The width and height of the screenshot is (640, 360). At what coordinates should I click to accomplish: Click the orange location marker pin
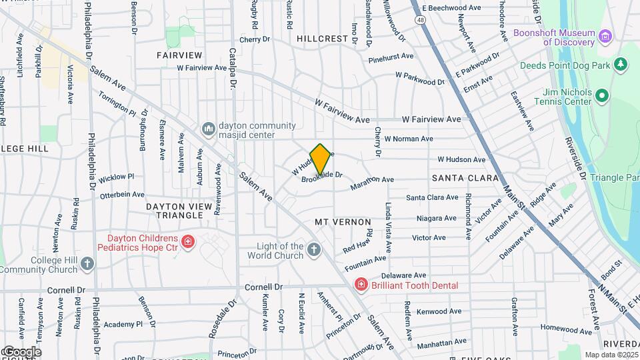tap(321, 160)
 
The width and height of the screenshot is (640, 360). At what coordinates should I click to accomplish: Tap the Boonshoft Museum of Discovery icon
tap(605, 35)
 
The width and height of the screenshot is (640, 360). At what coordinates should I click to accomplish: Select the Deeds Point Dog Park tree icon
tap(621, 64)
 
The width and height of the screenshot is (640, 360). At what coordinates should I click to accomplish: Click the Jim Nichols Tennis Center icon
tap(603, 96)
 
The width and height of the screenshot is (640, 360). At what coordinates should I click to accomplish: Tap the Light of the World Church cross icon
tap(314, 250)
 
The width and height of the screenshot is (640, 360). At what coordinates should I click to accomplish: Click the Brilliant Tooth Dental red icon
tap(361, 285)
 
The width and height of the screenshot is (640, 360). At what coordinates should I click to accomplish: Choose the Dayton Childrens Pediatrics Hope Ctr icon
tap(189, 242)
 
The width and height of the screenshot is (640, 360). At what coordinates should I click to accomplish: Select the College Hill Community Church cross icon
tap(87, 264)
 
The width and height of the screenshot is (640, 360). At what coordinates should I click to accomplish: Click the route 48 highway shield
tap(419, 20)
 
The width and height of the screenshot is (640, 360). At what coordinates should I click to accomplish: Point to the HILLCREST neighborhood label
tap(322, 39)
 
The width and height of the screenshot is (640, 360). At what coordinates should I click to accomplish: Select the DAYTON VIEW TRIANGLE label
tap(179, 211)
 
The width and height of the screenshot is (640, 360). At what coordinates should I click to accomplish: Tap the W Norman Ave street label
tap(409, 139)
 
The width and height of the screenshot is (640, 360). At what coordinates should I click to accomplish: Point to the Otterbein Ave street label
tap(121, 195)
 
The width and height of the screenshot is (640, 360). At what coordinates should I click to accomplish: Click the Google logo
tap(21, 351)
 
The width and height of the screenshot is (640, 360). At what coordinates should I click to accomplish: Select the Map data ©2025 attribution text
tap(611, 355)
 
